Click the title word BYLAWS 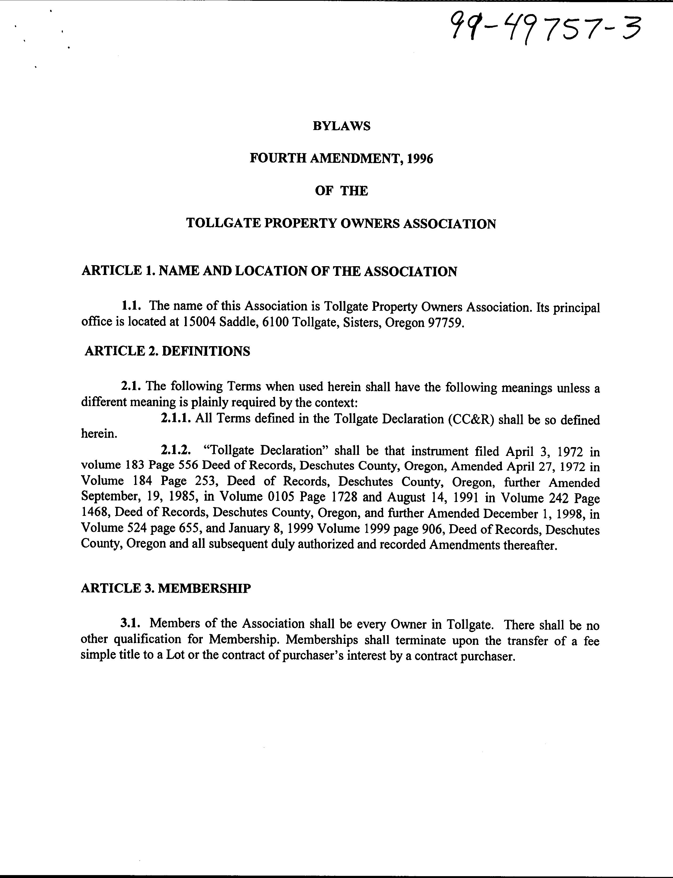341,126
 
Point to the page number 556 186,466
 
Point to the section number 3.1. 131,624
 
